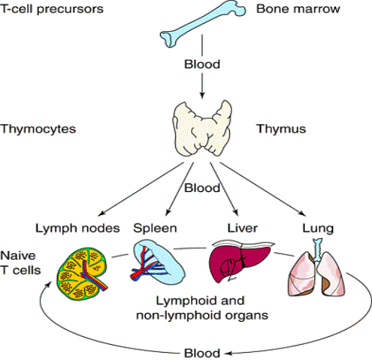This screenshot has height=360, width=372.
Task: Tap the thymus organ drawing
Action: tap(202, 128)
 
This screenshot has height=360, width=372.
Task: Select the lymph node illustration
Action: tap(82, 274)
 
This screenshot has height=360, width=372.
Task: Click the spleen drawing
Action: tap(157, 263)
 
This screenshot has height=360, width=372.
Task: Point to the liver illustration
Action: tap(240, 262)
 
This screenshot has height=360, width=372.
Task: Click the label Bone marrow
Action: tap(298, 9)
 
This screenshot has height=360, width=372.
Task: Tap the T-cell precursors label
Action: tap(52, 9)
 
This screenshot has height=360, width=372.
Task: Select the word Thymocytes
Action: tap(38, 129)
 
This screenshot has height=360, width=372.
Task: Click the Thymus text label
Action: tap(281, 128)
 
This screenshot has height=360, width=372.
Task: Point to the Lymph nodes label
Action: tap(77, 228)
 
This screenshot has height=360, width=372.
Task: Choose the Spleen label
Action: tap(155, 228)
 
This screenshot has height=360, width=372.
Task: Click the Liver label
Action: tap(242, 228)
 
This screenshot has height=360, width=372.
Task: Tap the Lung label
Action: tap(318, 228)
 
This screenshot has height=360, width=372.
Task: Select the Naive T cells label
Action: tap(20, 263)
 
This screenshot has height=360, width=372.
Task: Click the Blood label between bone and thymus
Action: tap(202, 64)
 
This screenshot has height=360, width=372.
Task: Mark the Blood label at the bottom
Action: tap(202, 354)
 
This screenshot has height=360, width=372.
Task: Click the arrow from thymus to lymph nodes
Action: tap(141, 188)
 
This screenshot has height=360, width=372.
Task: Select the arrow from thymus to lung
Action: tap(262, 189)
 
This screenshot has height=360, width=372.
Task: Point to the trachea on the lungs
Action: tap(318, 250)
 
